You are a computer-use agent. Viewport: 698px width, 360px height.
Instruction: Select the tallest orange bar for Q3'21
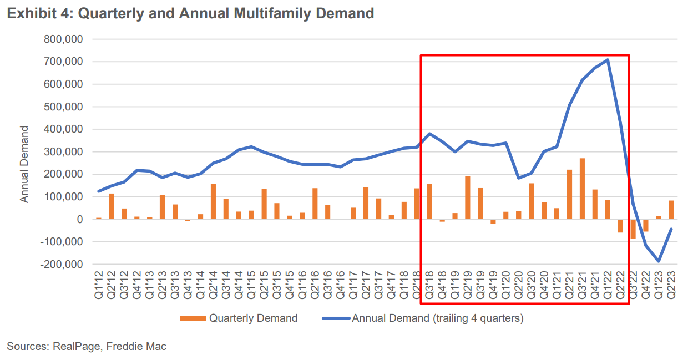(582, 189)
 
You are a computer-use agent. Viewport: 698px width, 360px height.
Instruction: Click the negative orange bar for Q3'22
(633, 229)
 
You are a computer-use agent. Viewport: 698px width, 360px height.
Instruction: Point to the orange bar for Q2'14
(213, 201)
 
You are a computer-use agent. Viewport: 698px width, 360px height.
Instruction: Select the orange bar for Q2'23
(671, 210)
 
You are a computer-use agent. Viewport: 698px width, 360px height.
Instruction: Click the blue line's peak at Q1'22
(608, 60)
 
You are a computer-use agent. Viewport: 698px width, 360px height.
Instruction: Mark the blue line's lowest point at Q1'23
(659, 261)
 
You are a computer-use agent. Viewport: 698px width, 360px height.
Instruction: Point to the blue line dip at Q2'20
(519, 178)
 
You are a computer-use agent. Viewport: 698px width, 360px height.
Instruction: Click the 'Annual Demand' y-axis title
(24, 164)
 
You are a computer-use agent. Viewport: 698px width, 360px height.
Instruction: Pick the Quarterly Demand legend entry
(239, 318)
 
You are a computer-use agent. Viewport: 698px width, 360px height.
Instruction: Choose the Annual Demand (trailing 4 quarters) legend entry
(422, 318)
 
